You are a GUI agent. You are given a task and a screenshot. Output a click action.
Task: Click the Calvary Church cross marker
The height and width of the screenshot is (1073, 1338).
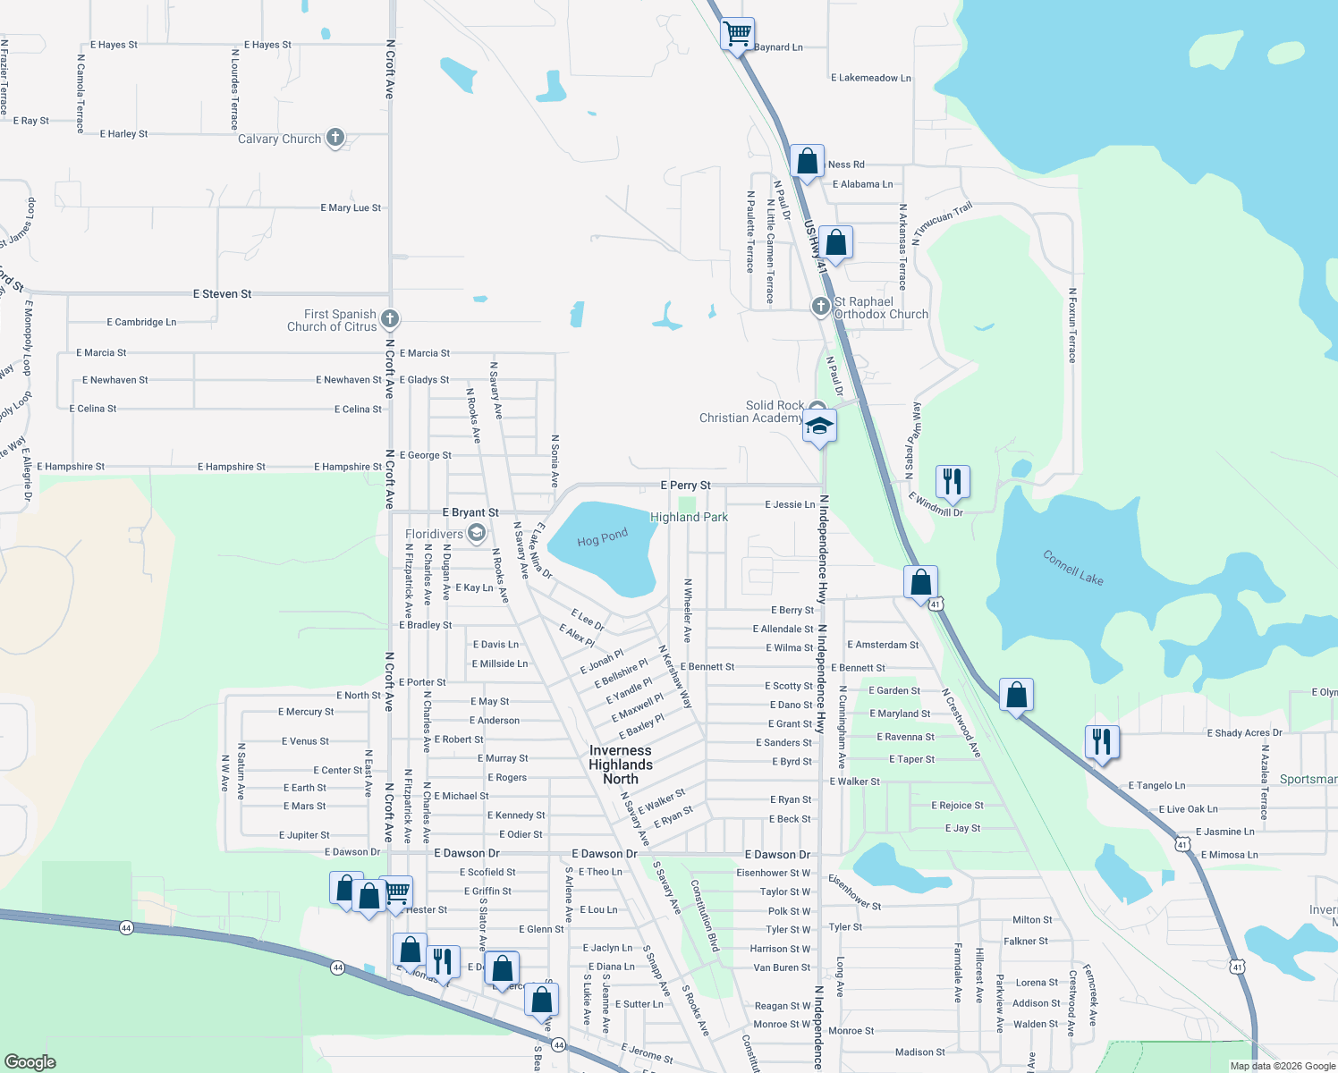pyautogui.click(x=335, y=138)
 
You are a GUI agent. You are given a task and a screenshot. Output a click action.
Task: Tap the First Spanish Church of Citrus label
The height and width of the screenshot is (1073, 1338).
pyautogui.click(x=332, y=320)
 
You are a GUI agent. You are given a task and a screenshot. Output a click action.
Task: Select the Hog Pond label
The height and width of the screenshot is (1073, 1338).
pyautogui.click(x=602, y=538)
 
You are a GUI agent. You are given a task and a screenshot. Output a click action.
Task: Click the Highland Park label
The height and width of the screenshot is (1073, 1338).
pyautogui.click(x=689, y=517)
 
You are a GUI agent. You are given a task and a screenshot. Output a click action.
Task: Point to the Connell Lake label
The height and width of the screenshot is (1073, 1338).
pyautogui.click(x=1073, y=568)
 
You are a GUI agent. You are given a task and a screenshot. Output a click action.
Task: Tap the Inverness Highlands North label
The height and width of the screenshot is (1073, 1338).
pyautogui.click(x=621, y=765)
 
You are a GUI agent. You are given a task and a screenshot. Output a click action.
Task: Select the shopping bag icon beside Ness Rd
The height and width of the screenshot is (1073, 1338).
pyautogui.click(x=807, y=162)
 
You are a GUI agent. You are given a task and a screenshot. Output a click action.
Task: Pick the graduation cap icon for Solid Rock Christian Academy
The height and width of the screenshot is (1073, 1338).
pyautogui.click(x=819, y=425)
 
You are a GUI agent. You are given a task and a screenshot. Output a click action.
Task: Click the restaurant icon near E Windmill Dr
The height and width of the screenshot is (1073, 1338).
pyautogui.click(x=953, y=481)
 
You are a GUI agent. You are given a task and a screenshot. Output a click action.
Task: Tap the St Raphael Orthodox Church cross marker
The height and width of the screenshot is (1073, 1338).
pyautogui.click(x=821, y=307)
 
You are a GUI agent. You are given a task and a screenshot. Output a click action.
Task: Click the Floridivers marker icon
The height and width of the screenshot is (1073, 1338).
pyautogui.click(x=477, y=534)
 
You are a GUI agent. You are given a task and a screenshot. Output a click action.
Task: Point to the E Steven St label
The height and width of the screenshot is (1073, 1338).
pyautogui.click(x=223, y=293)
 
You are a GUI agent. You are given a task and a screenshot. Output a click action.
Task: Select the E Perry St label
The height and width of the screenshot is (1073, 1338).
pyautogui.click(x=685, y=485)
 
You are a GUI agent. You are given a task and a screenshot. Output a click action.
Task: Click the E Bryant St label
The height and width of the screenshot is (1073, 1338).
pyautogui.click(x=470, y=512)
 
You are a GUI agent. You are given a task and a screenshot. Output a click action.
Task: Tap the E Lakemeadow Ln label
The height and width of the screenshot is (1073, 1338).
pyautogui.click(x=870, y=78)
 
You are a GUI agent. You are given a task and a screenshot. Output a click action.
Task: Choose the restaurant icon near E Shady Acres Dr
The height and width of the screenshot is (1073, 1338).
pyautogui.click(x=1102, y=741)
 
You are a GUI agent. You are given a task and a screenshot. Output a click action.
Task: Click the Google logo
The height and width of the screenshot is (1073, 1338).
pyautogui.click(x=30, y=1061)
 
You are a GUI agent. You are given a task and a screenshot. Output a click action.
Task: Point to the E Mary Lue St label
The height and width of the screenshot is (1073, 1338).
pyautogui.click(x=351, y=207)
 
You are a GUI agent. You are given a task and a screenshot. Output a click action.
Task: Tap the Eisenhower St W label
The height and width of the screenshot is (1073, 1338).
pyautogui.click(x=773, y=873)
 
